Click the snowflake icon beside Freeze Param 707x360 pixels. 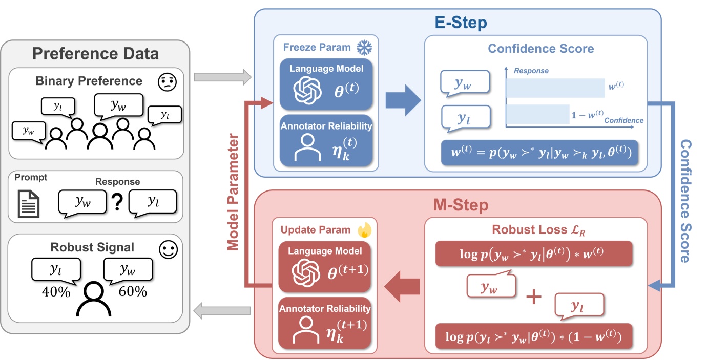click(364, 48)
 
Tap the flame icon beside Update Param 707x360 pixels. click(364, 230)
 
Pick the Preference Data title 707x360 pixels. click(96, 53)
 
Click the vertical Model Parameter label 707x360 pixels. click(233, 192)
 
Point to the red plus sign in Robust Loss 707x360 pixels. click(533, 298)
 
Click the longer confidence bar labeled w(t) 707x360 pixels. click(555, 88)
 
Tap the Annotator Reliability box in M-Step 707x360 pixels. click(325, 323)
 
